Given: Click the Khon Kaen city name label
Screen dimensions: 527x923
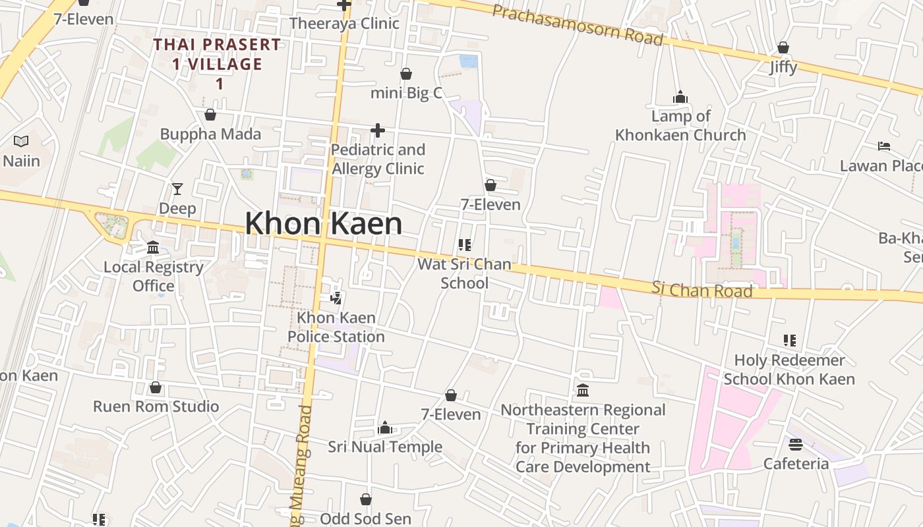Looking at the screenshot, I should point(323,223).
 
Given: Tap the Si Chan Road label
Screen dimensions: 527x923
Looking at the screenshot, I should point(701,289).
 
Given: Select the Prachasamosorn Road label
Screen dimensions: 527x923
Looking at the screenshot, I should point(577,24).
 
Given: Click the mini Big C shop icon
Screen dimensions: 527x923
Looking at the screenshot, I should point(406,74).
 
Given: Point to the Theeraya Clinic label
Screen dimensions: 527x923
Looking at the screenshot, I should point(344,24).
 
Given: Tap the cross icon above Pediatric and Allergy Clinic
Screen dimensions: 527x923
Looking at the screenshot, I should point(377,130).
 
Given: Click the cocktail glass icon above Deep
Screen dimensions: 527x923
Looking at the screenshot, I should point(177,189).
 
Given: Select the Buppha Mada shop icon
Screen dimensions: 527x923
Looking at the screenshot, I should point(210,115).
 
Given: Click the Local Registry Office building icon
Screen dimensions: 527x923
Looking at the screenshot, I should point(153,248).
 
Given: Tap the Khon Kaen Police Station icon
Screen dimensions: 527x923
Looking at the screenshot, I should point(336,298).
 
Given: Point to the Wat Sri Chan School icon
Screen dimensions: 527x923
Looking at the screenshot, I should point(465,245).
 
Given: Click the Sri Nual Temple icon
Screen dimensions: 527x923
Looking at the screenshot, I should point(385,428).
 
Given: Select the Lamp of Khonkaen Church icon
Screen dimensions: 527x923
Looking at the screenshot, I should point(680,97).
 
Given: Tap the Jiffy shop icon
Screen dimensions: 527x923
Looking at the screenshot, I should point(783,47).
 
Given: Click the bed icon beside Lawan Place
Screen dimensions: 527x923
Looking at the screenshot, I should point(884,146).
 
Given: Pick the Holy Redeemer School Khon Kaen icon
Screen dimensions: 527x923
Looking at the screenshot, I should point(789,341).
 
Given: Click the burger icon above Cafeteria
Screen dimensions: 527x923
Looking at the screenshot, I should point(796,445).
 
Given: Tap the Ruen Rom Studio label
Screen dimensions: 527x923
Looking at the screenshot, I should point(156,406).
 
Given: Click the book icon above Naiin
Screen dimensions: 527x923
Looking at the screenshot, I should point(21,141).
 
